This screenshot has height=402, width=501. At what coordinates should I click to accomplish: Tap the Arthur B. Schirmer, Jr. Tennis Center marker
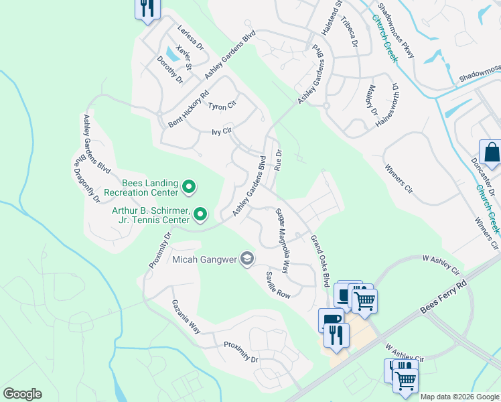(x=200, y=214)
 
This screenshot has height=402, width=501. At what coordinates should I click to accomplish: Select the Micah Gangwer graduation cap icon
(x=247, y=259)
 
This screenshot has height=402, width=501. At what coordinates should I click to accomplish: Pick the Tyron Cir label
(x=222, y=106)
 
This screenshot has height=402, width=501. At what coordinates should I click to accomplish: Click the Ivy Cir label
(x=221, y=132)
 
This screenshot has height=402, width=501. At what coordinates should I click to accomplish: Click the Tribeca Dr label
(x=350, y=32)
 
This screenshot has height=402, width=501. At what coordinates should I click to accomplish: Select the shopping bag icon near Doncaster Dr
(x=492, y=153)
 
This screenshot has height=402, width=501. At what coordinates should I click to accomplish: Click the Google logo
(x=22, y=394)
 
